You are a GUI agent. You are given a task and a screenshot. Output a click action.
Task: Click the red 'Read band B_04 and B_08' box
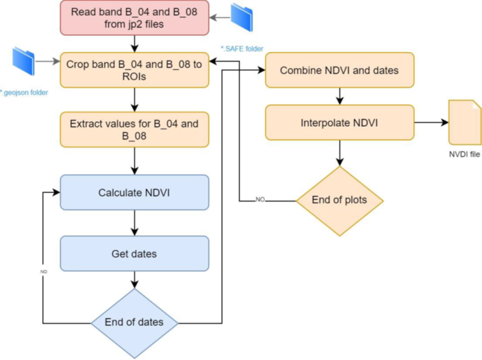[x=134, y=19]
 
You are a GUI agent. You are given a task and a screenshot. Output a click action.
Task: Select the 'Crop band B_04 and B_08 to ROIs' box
[x=134, y=70]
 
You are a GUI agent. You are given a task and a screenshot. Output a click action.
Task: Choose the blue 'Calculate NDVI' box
[x=134, y=192]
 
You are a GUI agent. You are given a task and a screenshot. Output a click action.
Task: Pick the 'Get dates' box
[x=134, y=253]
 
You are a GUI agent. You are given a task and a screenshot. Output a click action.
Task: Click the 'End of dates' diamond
[x=134, y=322]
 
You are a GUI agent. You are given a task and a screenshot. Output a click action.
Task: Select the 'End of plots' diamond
[x=339, y=200]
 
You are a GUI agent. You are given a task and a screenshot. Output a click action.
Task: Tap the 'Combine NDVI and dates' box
[x=339, y=70]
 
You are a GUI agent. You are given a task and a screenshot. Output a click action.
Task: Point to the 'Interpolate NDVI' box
[x=339, y=122]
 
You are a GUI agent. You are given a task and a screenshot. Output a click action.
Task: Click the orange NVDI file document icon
[x=464, y=122]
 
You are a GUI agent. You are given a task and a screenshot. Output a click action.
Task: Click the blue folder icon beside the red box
[x=241, y=18]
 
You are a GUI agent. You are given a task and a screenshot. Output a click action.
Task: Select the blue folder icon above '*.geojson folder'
[x=24, y=61]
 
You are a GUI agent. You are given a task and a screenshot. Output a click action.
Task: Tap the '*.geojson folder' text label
[x=24, y=93]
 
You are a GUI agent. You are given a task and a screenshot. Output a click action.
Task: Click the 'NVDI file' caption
[x=464, y=155]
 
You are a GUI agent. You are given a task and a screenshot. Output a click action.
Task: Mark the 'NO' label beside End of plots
[x=260, y=200]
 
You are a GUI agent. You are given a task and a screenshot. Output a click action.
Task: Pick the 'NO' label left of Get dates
[x=43, y=270]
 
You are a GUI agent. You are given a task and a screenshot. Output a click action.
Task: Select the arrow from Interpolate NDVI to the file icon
[x=431, y=122]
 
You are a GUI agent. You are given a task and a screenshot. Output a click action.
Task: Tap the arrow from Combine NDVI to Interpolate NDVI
[x=339, y=96]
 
